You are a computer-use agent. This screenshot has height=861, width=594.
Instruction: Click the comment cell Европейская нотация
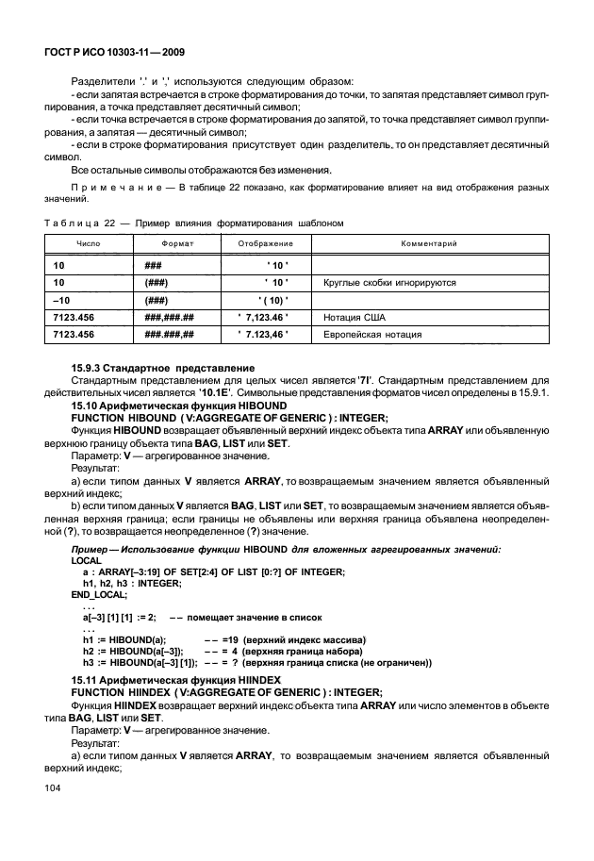click(x=372, y=334)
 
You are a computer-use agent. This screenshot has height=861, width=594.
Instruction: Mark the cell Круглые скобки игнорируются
click(x=389, y=282)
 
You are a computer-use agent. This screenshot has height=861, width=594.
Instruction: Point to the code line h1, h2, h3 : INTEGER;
click(x=132, y=584)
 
